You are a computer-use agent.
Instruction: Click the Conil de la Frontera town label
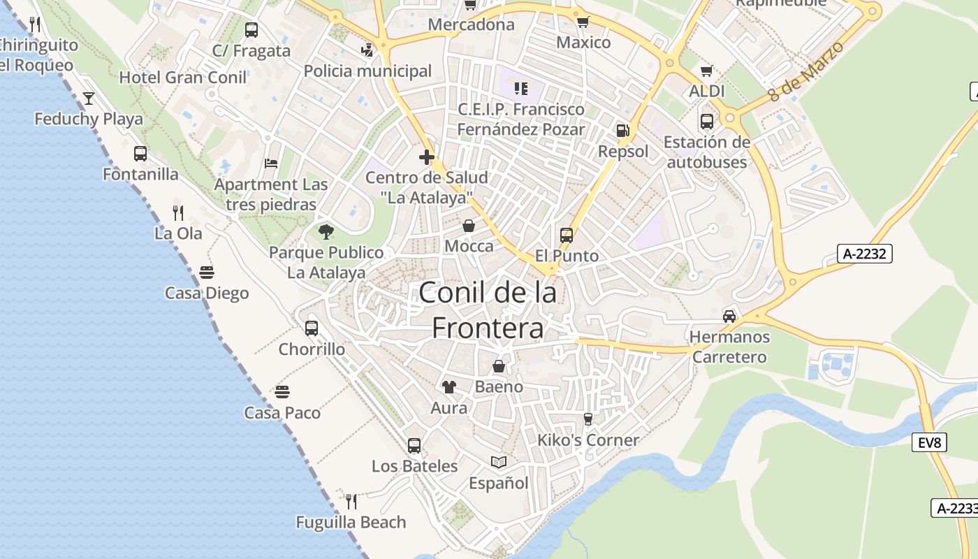point(487,310)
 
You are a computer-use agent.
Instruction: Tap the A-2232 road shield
point(864,254)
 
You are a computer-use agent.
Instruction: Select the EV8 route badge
point(929,442)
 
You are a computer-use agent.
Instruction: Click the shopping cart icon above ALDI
point(707,71)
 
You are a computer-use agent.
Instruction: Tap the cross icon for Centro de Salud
point(427,157)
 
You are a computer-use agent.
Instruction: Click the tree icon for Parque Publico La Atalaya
point(326,231)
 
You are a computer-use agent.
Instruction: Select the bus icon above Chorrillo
point(312,328)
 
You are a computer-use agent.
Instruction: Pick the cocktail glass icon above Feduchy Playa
point(89,98)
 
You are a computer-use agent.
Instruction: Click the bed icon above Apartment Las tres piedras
point(271,164)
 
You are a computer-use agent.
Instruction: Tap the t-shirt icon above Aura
point(448,386)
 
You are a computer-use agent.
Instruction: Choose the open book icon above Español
point(498,462)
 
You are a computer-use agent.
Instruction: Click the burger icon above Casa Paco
point(282,391)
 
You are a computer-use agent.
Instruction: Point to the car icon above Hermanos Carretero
point(729,316)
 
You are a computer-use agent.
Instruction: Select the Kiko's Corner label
point(588,440)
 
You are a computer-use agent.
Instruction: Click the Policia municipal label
point(367,71)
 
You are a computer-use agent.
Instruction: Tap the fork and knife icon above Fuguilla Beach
point(351,501)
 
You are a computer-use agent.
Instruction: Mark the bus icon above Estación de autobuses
point(707,122)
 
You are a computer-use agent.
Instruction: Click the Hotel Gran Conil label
point(183,78)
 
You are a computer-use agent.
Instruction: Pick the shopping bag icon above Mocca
point(469,226)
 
